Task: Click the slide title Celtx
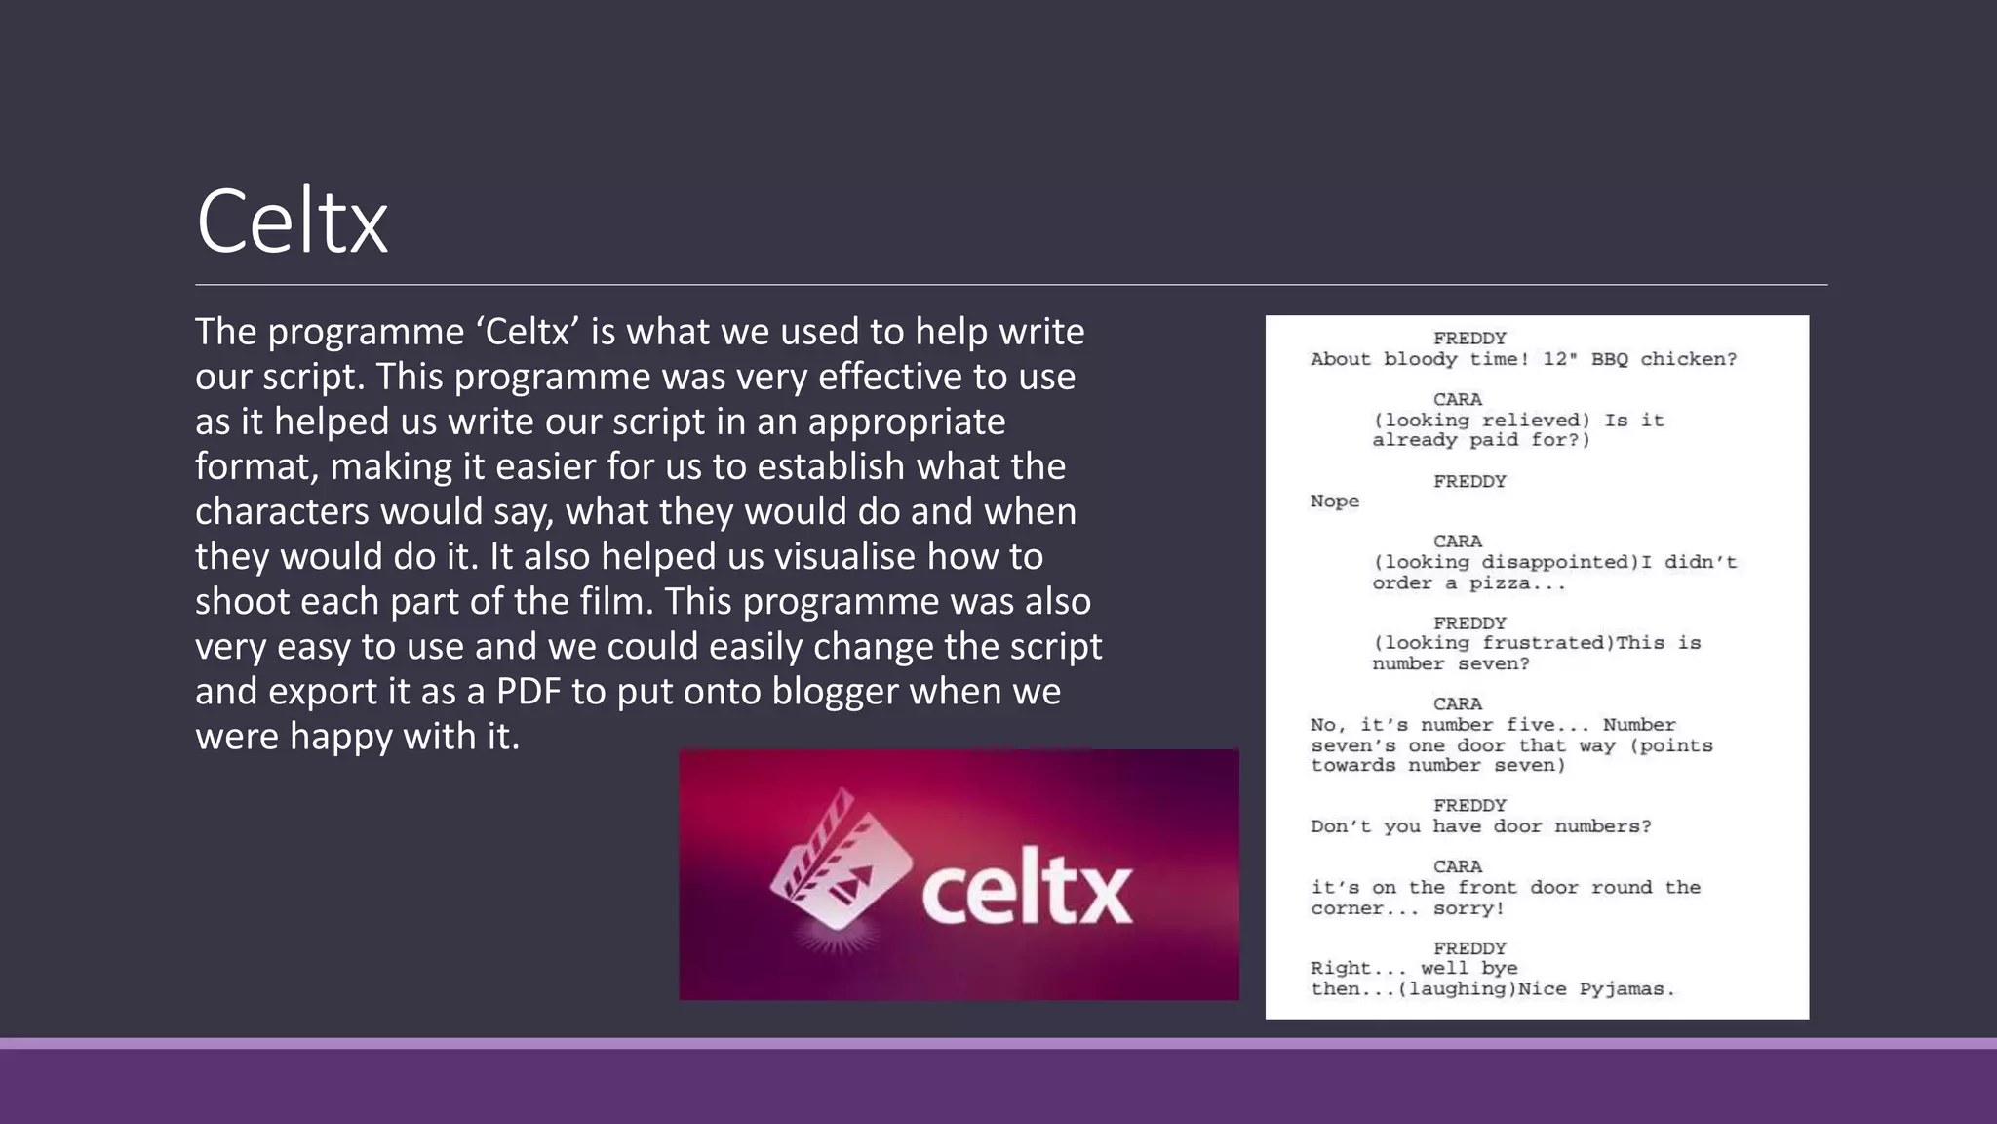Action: pos(292,222)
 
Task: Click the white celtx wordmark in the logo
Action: pos(1027,892)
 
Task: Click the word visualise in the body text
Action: pos(844,557)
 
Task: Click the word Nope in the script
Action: pos(1334,502)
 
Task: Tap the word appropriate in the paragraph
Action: pos(907,422)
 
